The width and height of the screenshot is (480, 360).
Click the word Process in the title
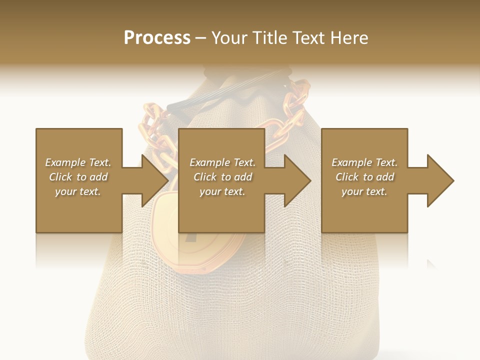(157, 38)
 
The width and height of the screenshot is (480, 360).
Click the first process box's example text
(78, 177)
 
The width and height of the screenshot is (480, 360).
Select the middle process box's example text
(222, 177)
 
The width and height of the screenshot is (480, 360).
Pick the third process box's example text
(364, 177)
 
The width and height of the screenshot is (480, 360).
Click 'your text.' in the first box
(78, 191)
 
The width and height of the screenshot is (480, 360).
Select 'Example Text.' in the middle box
(222, 162)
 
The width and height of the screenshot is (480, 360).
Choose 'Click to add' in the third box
(364, 177)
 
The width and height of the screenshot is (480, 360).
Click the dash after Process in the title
(201, 38)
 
